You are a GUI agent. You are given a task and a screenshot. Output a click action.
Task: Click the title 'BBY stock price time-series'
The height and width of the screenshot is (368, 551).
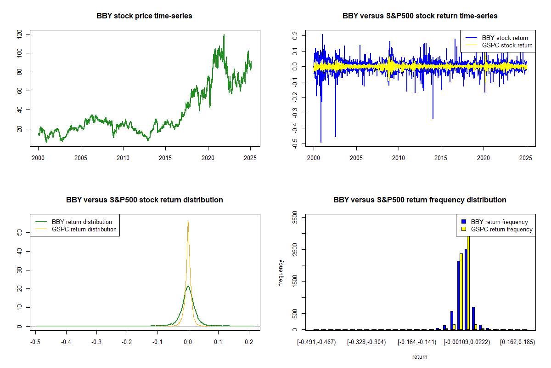pyautogui.click(x=144, y=16)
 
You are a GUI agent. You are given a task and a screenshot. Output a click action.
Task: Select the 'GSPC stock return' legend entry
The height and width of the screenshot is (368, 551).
pyautogui.click(x=507, y=45)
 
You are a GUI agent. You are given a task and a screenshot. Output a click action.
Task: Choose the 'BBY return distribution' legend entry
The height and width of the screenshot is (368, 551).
pyautogui.click(x=82, y=222)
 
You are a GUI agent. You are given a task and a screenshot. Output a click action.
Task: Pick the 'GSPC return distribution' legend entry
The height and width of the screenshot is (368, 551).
pyautogui.click(x=84, y=229)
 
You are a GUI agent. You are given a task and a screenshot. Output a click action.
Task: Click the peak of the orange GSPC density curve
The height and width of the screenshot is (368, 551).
pyautogui.click(x=188, y=221)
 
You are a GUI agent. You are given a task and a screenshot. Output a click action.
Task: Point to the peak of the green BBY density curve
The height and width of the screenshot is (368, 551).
pyautogui.click(x=188, y=286)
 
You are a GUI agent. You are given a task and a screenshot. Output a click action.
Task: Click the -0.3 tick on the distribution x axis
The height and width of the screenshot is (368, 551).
pyautogui.click(x=96, y=342)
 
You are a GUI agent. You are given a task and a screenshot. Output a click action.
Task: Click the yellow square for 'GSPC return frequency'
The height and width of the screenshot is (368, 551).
pyautogui.click(x=464, y=229)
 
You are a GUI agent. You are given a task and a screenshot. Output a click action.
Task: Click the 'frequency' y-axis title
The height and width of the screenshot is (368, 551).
pyautogui.click(x=281, y=273)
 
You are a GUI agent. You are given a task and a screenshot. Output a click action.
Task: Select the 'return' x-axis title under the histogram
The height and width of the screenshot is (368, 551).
pyautogui.click(x=420, y=356)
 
